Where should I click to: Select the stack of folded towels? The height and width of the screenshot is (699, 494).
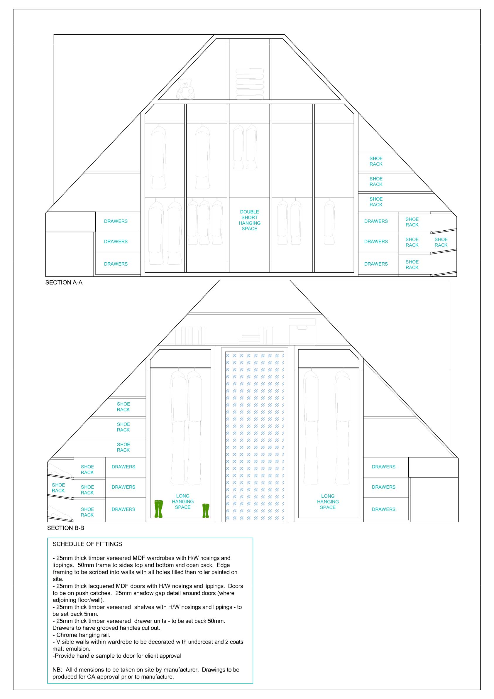click(250, 84)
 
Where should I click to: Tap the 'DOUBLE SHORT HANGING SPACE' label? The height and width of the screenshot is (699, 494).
click(249, 220)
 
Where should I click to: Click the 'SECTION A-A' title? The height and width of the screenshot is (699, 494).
click(64, 283)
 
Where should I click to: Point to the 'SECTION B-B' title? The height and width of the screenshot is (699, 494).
click(65, 528)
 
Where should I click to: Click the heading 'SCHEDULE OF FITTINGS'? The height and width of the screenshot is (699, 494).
click(87, 544)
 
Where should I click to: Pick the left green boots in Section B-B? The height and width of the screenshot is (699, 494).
click(159, 509)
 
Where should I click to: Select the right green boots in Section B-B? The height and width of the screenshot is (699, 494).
click(206, 511)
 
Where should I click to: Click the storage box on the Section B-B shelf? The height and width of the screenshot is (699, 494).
click(302, 332)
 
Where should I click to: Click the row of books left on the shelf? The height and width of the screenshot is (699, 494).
click(190, 336)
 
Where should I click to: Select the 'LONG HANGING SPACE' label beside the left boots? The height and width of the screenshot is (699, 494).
click(183, 502)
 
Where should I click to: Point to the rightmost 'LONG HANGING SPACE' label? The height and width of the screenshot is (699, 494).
click(327, 502)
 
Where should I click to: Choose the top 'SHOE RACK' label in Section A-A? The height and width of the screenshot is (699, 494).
click(376, 161)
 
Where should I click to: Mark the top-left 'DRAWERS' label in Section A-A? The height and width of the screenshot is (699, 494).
click(116, 221)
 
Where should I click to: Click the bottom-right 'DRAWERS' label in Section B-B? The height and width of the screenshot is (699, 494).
click(383, 509)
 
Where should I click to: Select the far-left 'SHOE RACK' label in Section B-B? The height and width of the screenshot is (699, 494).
click(58, 488)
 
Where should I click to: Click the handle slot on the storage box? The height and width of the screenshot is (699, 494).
click(302, 328)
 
